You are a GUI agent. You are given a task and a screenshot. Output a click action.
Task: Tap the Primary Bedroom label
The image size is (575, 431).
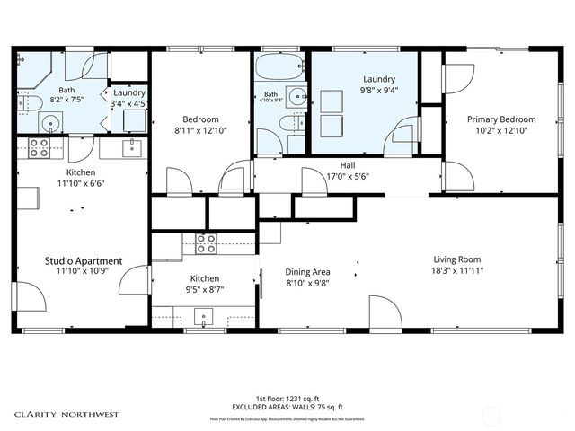point(500,119)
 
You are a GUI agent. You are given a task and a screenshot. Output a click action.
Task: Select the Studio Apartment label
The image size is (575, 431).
point(84,261)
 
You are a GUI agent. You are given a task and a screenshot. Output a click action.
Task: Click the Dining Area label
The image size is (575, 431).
point(308,271)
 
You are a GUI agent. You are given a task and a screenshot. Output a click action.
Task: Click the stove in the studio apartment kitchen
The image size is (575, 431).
point(40,148)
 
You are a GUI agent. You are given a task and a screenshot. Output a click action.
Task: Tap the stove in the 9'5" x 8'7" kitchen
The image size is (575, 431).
point(206,242)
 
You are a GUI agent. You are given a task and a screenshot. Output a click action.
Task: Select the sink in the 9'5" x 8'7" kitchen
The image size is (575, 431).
point(204,316)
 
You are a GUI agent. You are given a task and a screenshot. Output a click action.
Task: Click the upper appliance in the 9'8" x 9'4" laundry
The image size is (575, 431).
point(332,100)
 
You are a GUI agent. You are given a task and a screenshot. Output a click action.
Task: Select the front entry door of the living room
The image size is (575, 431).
point(386,314)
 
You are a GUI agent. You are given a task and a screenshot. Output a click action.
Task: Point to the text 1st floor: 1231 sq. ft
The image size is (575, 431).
point(287,398)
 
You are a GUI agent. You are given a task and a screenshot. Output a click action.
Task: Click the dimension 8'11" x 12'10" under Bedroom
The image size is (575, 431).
point(200,131)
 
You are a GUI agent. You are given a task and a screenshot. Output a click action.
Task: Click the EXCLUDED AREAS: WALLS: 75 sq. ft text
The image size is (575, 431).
point(287,408)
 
